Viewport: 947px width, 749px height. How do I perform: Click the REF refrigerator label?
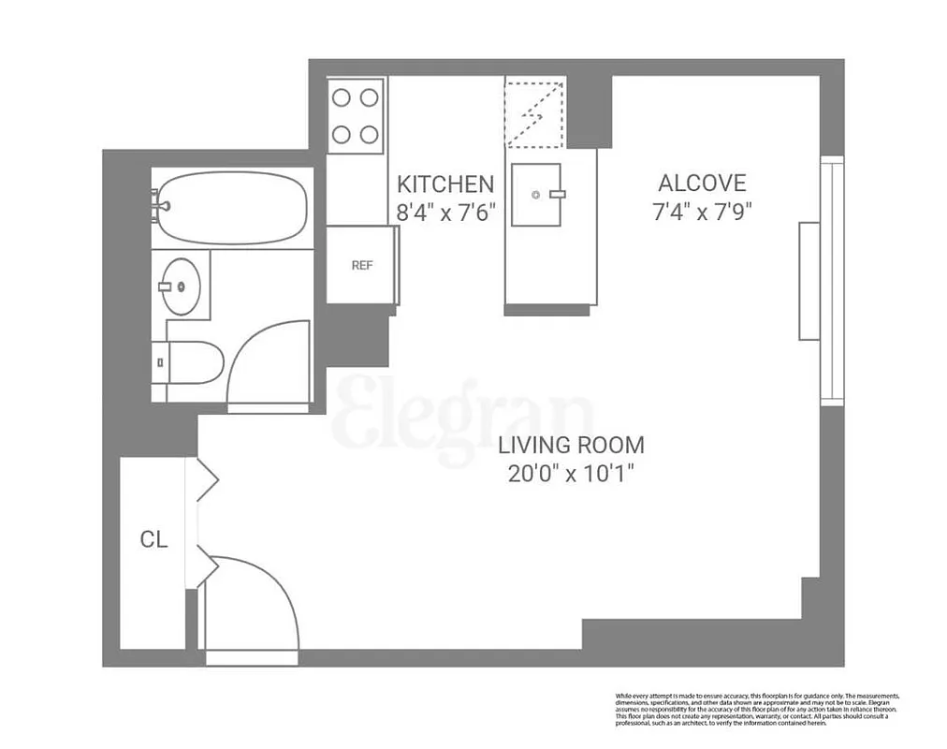[x=361, y=265]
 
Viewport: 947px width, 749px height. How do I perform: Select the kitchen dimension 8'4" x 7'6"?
[x=445, y=213]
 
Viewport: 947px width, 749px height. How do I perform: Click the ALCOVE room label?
[x=702, y=183]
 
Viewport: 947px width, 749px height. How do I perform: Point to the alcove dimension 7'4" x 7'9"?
[x=702, y=212]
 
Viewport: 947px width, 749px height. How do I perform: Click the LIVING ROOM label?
[x=571, y=446]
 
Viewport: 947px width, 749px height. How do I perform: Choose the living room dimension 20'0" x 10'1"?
[x=571, y=474]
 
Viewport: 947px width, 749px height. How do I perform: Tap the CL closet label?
[x=154, y=539]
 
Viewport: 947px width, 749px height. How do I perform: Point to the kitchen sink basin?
[x=536, y=195]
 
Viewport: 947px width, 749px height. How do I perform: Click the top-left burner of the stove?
[x=342, y=97]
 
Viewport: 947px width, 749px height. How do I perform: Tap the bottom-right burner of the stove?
[x=370, y=134]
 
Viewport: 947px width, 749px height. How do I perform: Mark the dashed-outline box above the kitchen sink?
[x=535, y=113]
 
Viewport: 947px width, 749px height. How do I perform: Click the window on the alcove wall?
[x=831, y=281]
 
